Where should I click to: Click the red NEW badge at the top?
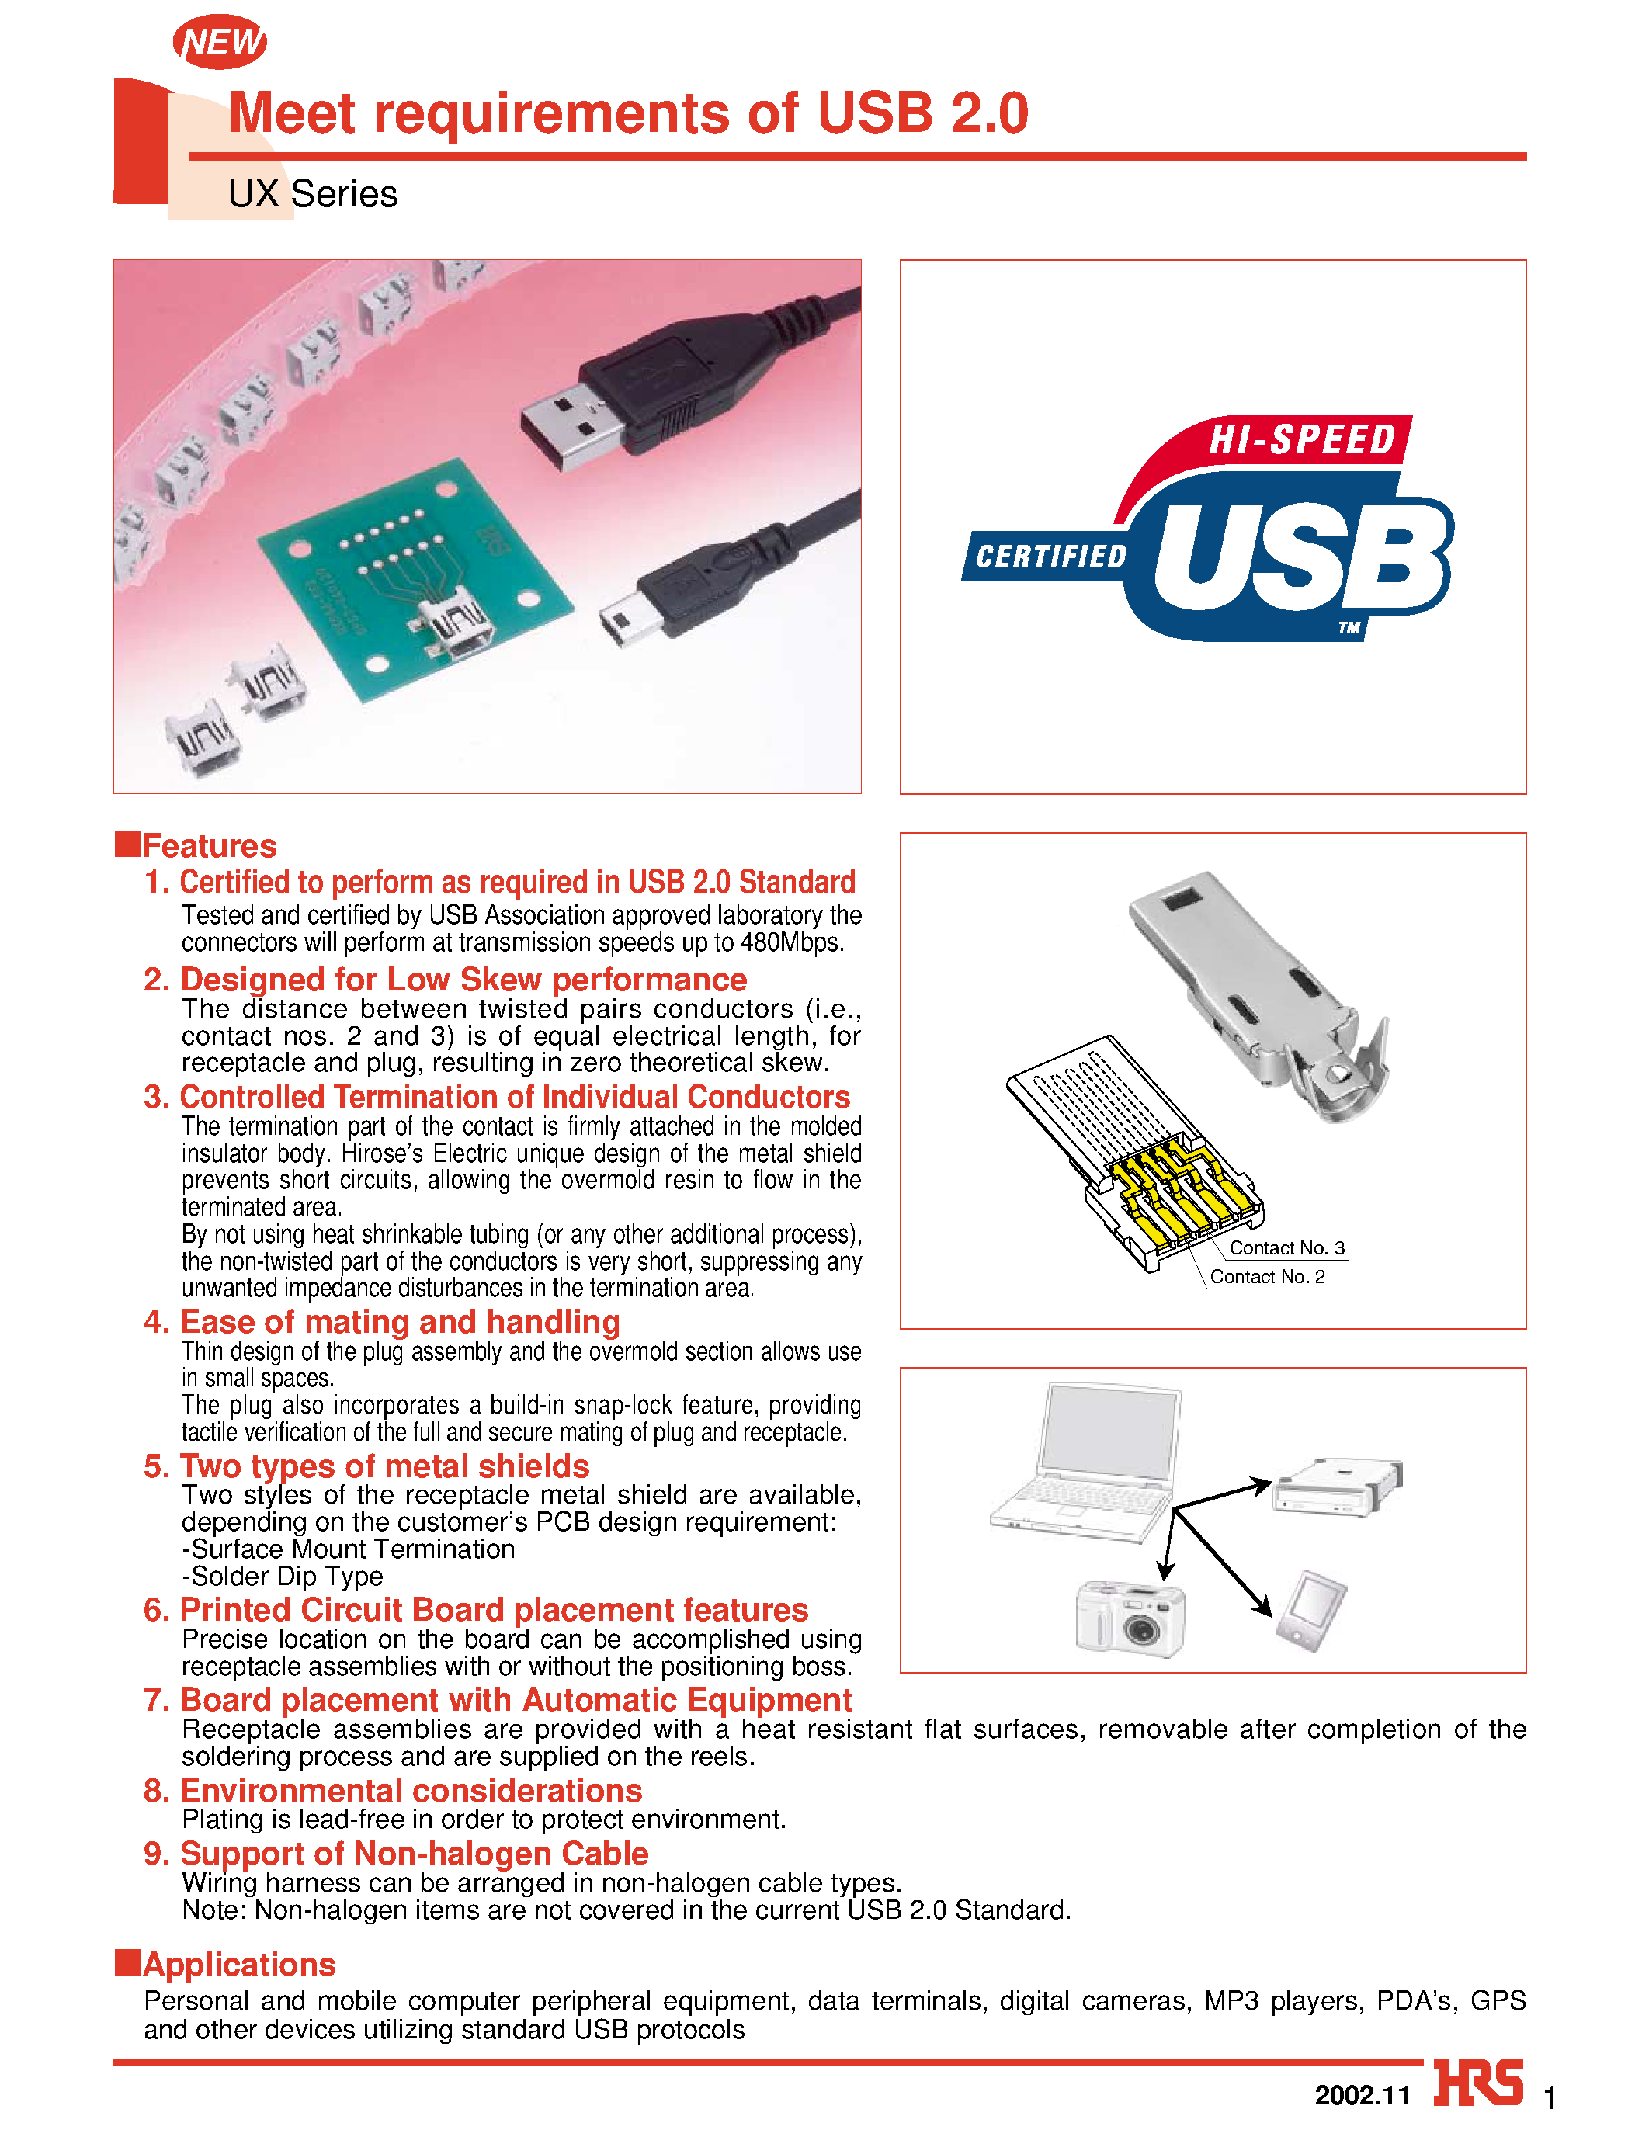(x=220, y=42)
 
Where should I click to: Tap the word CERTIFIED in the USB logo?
(x=1050, y=557)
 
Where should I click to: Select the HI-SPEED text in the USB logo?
(x=1303, y=439)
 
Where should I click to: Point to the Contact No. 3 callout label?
(x=1286, y=1247)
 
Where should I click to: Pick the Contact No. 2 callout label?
(x=1267, y=1276)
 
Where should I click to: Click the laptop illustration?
(x=1090, y=1461)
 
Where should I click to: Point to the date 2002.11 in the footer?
(x=1363, y=2095)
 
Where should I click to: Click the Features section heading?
(x=209, y=845)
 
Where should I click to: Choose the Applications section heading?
(x=238, y=1964)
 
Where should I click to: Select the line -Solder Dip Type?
(x=283, y=1576)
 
